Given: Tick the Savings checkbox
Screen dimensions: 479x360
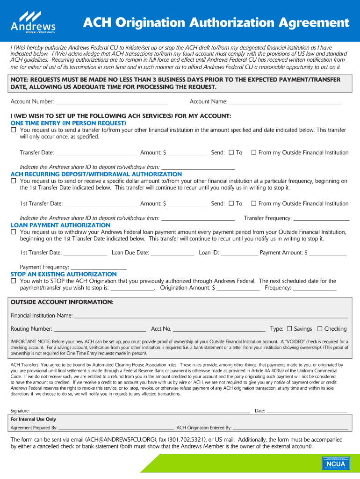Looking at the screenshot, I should pyautogui.click(x=289, y=328).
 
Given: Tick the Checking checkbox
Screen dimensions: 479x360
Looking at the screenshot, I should pyautogui.click(x=320, y=328).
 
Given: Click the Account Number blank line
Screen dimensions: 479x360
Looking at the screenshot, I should pyautogui.click(x=111, y=102).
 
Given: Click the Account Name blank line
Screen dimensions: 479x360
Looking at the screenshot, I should pyautogui.click(x=285, y=102).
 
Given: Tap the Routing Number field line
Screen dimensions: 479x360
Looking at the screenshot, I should pyautogui.click(x=100, y=329).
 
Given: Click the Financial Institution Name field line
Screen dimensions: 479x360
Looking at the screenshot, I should pyautogui.click(x=210, y=316).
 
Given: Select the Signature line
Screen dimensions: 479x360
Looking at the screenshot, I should pyautogui.click(x=140, y=412).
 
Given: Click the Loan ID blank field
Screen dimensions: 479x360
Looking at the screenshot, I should pyautogui.click(x=238, y=253).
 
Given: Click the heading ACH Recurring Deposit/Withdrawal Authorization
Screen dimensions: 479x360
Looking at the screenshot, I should pyautogui.click(x=96, y=174).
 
